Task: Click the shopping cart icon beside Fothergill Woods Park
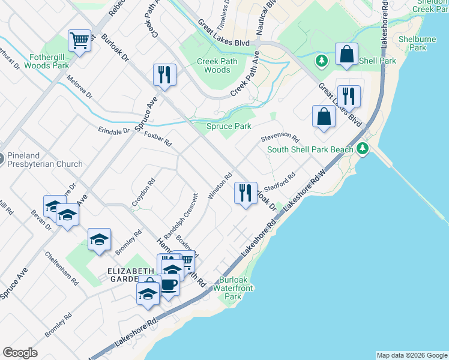pos(79,41)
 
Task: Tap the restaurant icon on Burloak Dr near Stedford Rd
pos(245,193)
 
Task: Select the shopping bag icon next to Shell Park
pos(346,54)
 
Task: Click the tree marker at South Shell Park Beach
pos(362,149)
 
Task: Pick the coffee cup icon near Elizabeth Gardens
pos(169,284)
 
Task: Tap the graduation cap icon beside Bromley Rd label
pos(99,239)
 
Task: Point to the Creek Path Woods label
pos(217,65)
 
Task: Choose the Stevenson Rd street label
pos(280,137)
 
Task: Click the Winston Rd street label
pos(220,187)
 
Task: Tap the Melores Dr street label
pos(80,87)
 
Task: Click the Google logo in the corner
pos(20,353)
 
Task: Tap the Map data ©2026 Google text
pos(412,355)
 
